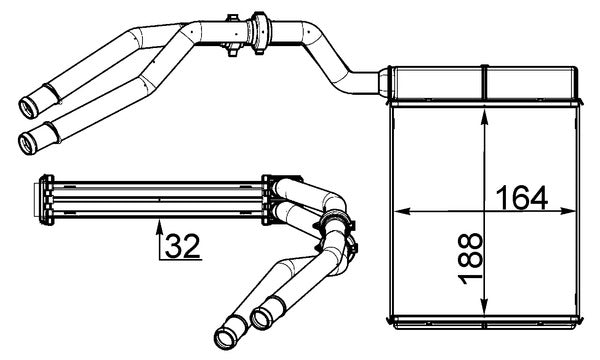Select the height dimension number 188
click(x=469, y=260)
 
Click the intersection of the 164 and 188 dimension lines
click(x=484, y=212)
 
